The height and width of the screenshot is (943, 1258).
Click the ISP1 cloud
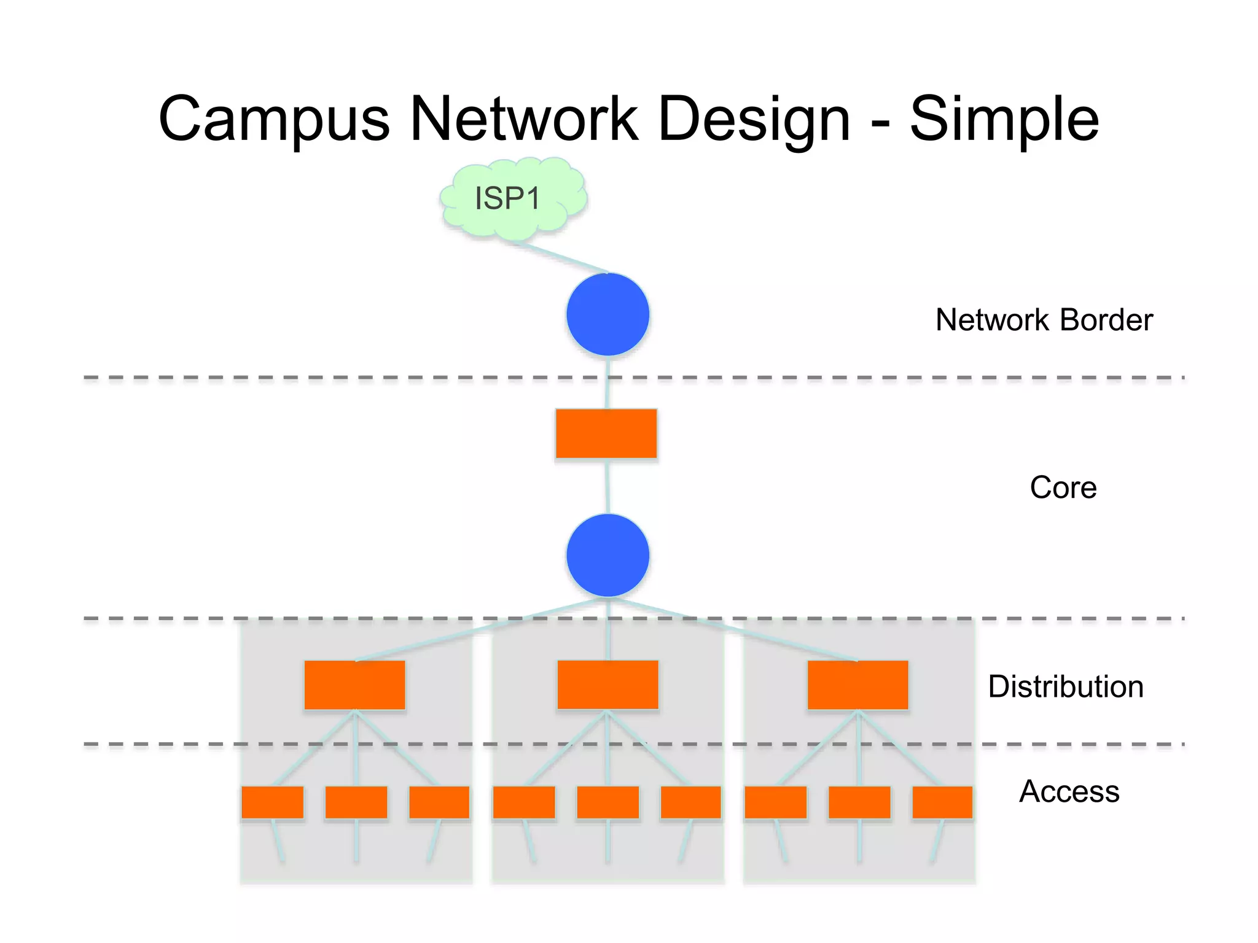tap(513, 198)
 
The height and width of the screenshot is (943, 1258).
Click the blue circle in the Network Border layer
tap(608, 314)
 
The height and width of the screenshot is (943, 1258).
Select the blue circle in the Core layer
tap(608, 555)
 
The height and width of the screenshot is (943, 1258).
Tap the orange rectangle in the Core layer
tap(606, 433)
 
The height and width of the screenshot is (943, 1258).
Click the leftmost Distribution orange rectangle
tap(354, 685)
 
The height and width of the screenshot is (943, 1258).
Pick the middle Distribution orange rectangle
tap(608, 685)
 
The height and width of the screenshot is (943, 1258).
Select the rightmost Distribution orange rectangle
tap(858, 685)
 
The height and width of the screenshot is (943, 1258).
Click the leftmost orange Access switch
tap(272, 802)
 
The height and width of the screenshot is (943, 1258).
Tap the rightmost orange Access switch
tap(942, 802)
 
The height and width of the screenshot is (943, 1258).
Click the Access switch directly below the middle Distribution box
tap(608, 802)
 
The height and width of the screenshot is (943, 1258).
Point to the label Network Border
tap(1044, 320)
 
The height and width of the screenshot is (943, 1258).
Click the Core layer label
tap(1063, 487)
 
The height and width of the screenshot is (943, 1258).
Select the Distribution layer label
tap(1065, 686)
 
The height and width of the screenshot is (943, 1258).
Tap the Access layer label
tap(1069, 791)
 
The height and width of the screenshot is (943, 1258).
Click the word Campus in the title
tap(274, 120)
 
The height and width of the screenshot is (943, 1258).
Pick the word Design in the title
tap(754, 120)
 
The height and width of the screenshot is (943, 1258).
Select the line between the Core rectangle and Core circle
tap(607, 486)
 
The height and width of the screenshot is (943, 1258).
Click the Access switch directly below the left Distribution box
tap(356, 802)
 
